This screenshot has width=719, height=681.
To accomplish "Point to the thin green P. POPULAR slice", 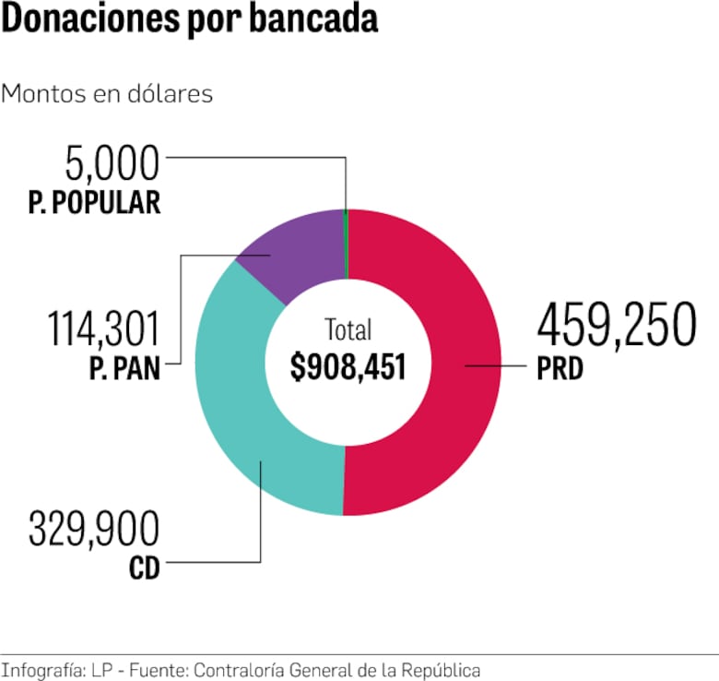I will click(346, 245).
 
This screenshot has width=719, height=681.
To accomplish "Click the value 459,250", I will click(615, 326).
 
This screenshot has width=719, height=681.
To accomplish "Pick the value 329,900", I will click(93, 530).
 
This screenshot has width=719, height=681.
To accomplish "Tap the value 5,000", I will click(112, 164).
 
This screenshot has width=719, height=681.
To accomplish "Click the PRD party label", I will click(560, 370).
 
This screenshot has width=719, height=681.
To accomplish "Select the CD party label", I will click(144, 567).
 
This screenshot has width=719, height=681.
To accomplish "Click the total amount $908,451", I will click(348, 366).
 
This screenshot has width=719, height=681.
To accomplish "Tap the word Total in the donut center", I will click(348, 329).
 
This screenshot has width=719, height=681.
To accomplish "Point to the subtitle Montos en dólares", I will click(107, 94).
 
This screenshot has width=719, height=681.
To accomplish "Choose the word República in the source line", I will click(442, 669).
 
